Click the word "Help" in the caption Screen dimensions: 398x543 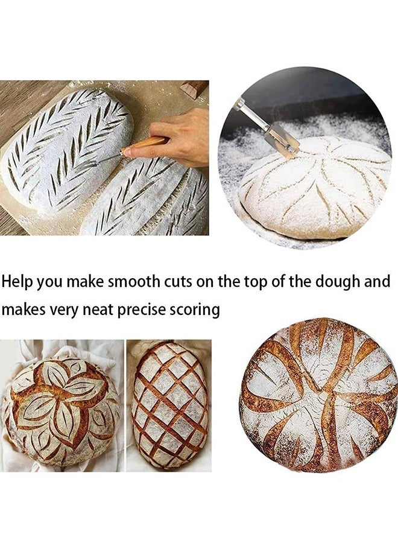point(17,282)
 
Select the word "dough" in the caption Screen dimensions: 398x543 point(337,282)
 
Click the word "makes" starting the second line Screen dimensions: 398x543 point(23,310)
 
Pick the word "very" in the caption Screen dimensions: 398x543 point(65,310)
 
